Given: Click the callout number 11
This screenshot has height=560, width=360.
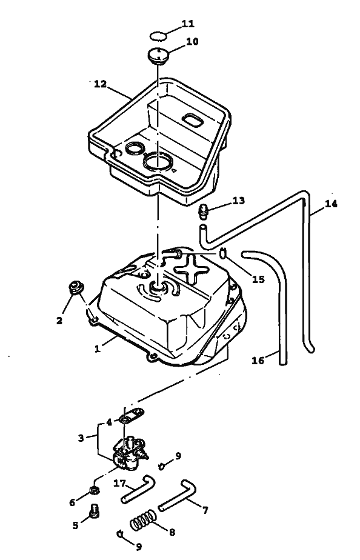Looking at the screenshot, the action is (188, 24).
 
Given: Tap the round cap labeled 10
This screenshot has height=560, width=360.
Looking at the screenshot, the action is (158, 56).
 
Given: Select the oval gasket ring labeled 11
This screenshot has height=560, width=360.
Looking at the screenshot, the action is (158, 36).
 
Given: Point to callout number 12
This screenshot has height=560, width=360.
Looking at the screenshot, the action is (101, 84).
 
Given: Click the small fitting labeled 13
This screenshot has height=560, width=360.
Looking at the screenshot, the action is (204, 211).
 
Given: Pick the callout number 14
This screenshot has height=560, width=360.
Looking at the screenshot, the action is (331, 204).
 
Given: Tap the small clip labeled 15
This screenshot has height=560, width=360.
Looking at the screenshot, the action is (223, 253).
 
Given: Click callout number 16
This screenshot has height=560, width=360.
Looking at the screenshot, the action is (258, 361).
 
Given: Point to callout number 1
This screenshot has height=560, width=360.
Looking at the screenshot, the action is (98, 349).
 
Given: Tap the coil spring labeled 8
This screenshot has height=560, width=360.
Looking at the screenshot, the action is (143, 519).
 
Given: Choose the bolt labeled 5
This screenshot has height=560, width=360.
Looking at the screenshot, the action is (95, 511).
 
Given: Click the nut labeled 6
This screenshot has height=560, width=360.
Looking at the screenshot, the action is (95, 490).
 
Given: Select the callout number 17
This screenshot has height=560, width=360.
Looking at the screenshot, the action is (119, 484).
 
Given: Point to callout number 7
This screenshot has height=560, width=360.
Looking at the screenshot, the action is (205, 511).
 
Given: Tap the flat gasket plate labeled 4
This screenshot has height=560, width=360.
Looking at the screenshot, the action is (132, 416).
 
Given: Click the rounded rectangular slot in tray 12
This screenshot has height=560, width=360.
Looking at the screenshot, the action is (193, 121).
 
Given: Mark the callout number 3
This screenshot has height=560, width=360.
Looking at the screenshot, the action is (81, 438).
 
